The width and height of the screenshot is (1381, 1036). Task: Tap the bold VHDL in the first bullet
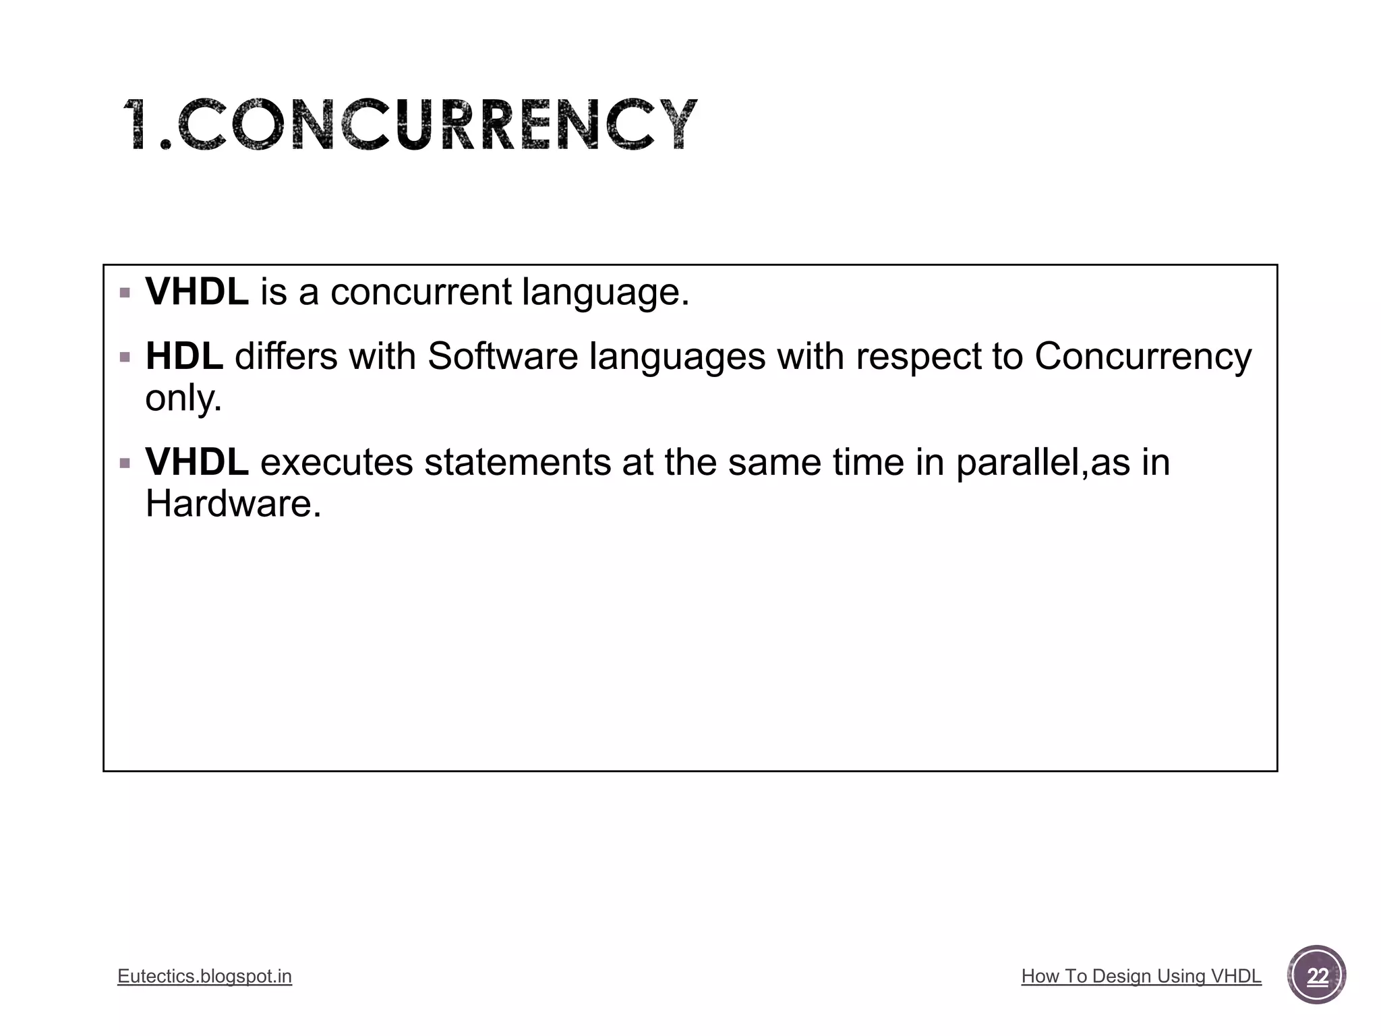point(196,292)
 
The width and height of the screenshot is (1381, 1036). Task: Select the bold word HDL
point(184,356)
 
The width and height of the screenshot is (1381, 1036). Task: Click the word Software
point(502,356)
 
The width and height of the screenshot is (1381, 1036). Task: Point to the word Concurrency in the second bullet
point(1142,357)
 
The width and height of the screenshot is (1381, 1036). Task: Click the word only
point(183,398)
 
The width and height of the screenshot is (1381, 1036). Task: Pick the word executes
point(336,463)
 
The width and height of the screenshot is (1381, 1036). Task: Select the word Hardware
point(233,504)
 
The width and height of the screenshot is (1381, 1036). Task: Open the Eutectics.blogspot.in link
point(204,976)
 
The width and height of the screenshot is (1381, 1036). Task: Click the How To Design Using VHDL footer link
point(1141,976)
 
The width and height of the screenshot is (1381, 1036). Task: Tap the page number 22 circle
point(1316,975)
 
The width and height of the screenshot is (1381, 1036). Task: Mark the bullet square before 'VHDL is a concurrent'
point(125,293)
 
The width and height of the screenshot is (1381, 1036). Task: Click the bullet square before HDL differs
point(125,357)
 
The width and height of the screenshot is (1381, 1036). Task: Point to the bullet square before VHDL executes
point(125,464)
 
